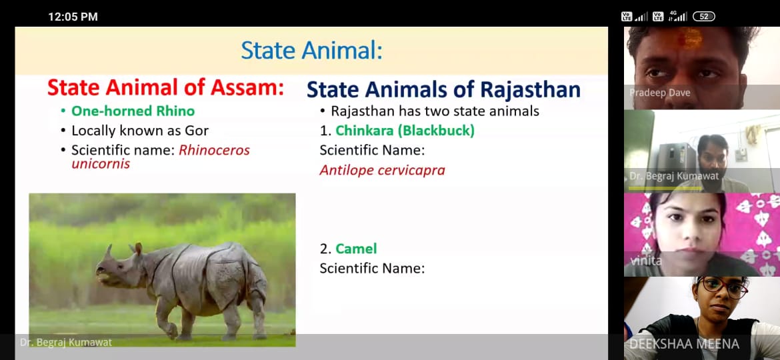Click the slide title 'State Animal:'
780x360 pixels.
312,51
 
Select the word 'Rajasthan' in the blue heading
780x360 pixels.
530,90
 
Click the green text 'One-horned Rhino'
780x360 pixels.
133,111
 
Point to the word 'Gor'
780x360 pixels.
198,131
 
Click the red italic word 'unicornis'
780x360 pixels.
101,163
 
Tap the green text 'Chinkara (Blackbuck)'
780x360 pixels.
405,131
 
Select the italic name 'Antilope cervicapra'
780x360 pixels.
382,171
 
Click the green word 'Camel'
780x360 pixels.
356,249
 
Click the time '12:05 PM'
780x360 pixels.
73,17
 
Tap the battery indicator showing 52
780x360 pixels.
703,17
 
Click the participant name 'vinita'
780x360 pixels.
644,260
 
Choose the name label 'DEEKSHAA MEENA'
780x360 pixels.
684,344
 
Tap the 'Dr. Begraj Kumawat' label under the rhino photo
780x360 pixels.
65,342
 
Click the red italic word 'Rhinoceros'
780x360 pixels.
214,150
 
